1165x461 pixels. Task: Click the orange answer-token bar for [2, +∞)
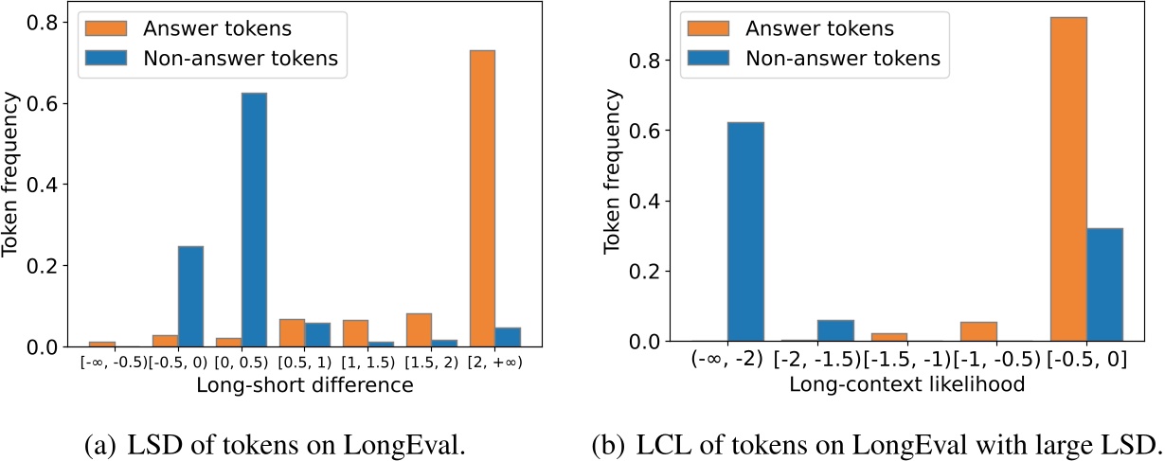click(x=510, y=199)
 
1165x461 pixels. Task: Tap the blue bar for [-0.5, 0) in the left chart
click(x=190, y=296)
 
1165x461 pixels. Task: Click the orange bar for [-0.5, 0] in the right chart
click(x=1068, y=179)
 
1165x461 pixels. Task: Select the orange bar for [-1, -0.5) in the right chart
click(x=978, y=331)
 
